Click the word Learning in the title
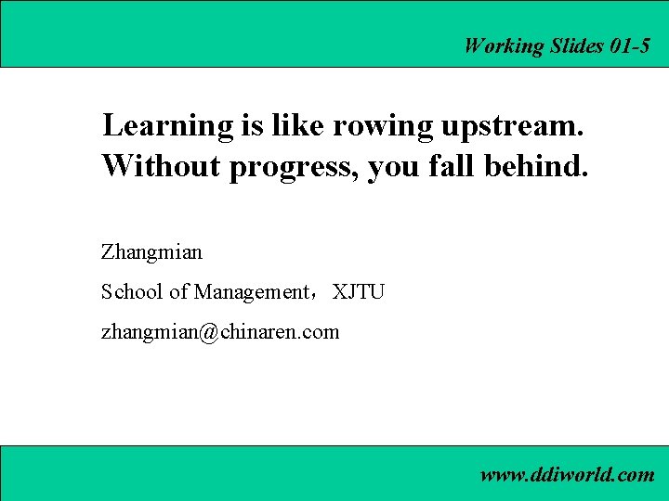coord(168,126)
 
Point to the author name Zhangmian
coord(151,251)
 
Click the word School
coord(132,291)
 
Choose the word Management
coord(250,292)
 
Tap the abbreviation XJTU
coord(359,291)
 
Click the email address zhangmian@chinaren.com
coord(220,331)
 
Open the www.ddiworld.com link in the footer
coord(567,475)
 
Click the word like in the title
coord(288,126)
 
